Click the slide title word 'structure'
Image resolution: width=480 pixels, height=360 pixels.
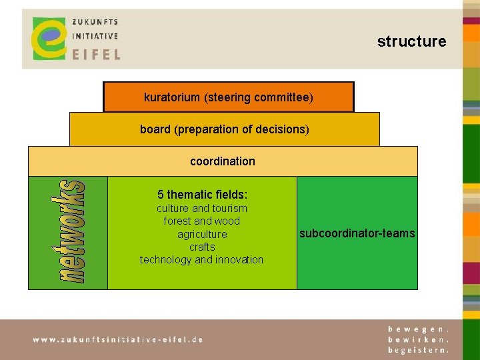click(x=411, y=41)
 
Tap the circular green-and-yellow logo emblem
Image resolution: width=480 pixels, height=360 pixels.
click(x=50, y=38)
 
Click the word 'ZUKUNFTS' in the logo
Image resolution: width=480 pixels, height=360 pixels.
click(x=95, y=22)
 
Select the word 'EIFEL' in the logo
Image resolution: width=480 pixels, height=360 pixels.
click(x=96, y=53)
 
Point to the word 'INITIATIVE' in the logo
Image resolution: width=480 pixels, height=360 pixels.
click(x=95, y=37)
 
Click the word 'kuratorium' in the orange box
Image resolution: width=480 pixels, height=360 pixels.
click(x=172, y=97)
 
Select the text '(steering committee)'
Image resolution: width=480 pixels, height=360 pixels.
click(x=258, y=97)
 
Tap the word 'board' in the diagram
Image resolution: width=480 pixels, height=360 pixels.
click(x=155, y=129)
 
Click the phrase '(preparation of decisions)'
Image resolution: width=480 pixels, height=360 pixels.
click(x=241, y=129)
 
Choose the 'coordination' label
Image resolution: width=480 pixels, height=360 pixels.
click(x=223, y=161)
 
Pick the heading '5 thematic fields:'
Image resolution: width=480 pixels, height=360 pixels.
click(x=202, y=195)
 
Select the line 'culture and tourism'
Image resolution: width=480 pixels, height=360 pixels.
click(x=202, y=209)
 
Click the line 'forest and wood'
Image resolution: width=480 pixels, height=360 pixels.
click(x=202, y=221)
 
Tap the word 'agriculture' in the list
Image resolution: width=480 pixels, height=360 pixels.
click(x=202, y=234)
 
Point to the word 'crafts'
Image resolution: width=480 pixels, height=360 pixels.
click(x=202, y=247)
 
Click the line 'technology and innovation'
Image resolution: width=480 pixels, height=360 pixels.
click(x=202, y=259)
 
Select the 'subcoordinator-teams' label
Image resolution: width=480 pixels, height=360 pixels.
click(x=357, y=233)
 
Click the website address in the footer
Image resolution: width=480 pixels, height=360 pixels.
click(x=118, y=339)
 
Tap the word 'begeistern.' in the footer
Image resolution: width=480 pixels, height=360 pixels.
click(x=419, y=349)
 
